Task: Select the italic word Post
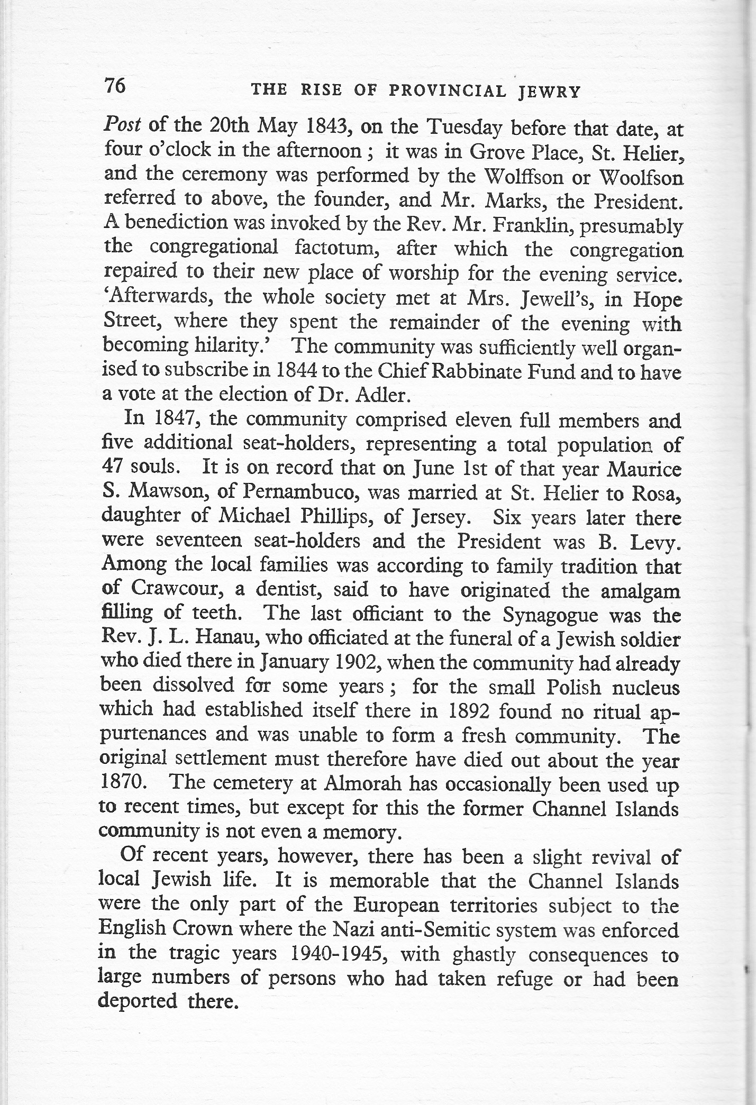coord(122,126)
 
